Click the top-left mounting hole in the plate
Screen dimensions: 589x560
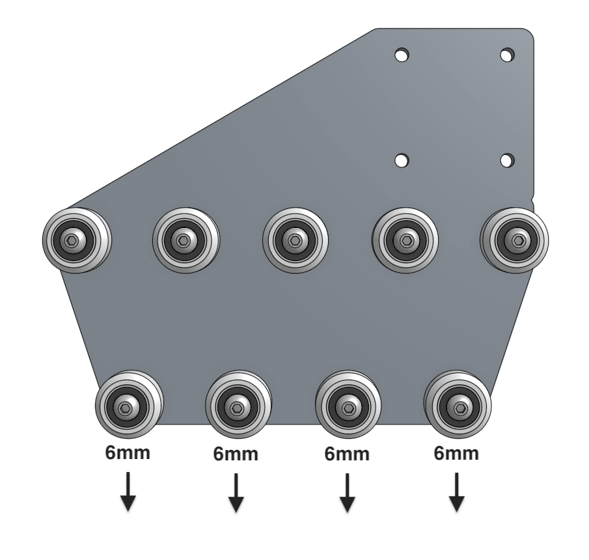402,55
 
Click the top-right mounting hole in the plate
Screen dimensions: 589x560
507,55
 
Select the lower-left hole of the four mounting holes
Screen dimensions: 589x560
402,160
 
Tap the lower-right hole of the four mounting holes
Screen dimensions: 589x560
507,160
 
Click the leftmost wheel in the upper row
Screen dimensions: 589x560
76,240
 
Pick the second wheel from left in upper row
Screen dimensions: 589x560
186,240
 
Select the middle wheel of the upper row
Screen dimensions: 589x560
295,240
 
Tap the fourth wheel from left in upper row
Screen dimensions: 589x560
405,240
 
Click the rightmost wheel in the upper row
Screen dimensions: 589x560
515,240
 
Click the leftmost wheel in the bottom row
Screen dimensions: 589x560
129,405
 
